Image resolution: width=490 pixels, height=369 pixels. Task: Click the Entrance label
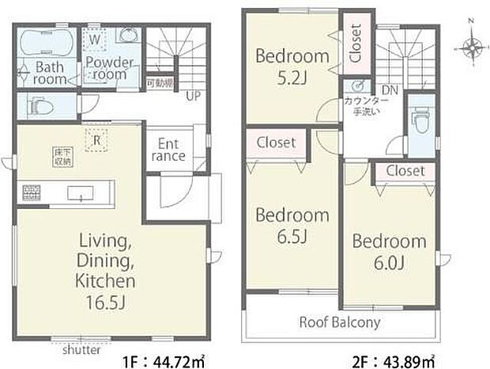167,150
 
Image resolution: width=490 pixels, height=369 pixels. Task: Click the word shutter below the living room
81,348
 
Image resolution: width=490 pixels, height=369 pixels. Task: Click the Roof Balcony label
339,322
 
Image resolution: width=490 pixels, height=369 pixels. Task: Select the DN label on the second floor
389,89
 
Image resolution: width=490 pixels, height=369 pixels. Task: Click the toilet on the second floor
421,124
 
